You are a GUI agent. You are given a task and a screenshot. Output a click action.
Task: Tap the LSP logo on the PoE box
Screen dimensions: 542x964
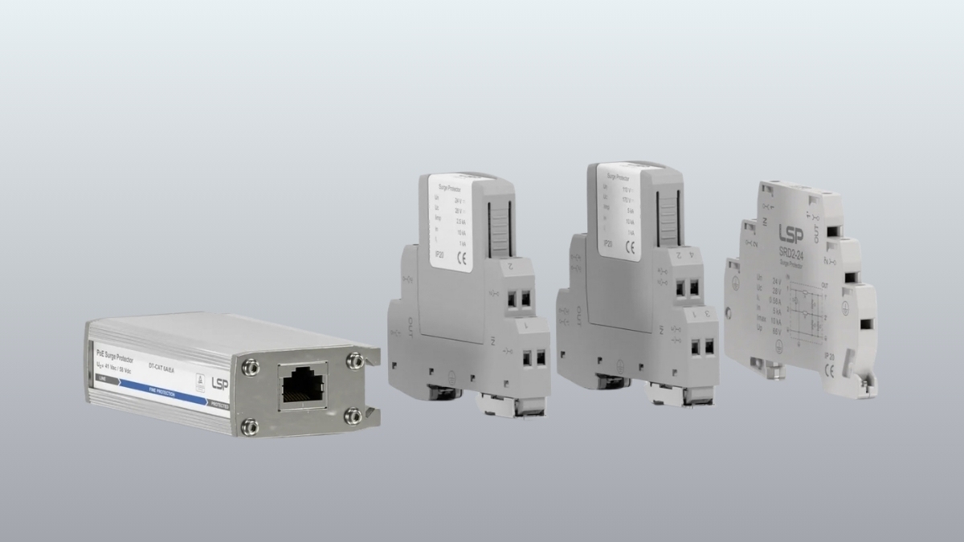[x=219, y=385]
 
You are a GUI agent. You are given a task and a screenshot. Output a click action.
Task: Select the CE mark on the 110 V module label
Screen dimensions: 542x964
[x=630, y=248]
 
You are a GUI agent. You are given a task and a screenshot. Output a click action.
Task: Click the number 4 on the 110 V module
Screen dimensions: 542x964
[x=679, y=255]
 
